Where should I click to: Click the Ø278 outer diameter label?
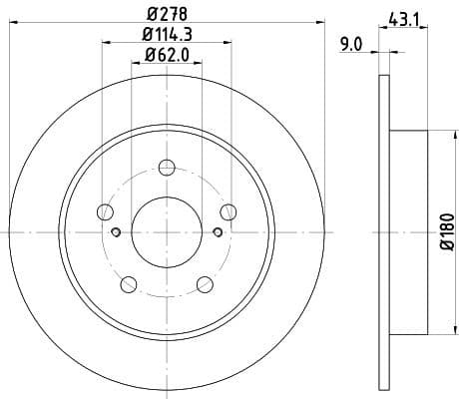[x=167, y=13]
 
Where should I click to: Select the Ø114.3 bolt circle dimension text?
[x=167, y=36]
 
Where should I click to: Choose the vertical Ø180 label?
[x=446, y=230]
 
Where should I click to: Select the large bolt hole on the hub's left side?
[x=105, y=210]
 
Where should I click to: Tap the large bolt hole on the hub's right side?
[x=229, y=210]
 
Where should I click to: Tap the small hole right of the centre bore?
[x=218, y=231]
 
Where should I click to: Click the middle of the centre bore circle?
[x=167, y=231]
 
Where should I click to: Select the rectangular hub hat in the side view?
[x=408, y=230]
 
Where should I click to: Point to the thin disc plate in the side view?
[x=383, y=230]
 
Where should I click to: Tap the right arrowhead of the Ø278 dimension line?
[x=321, y=23]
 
